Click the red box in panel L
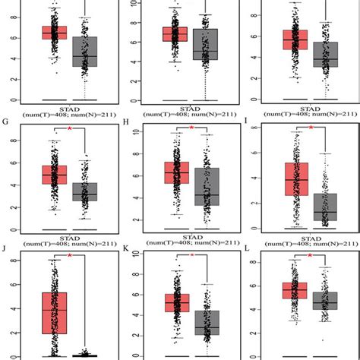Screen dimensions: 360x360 coord(294,291)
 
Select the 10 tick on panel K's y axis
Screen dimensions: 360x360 coord(135,258)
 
